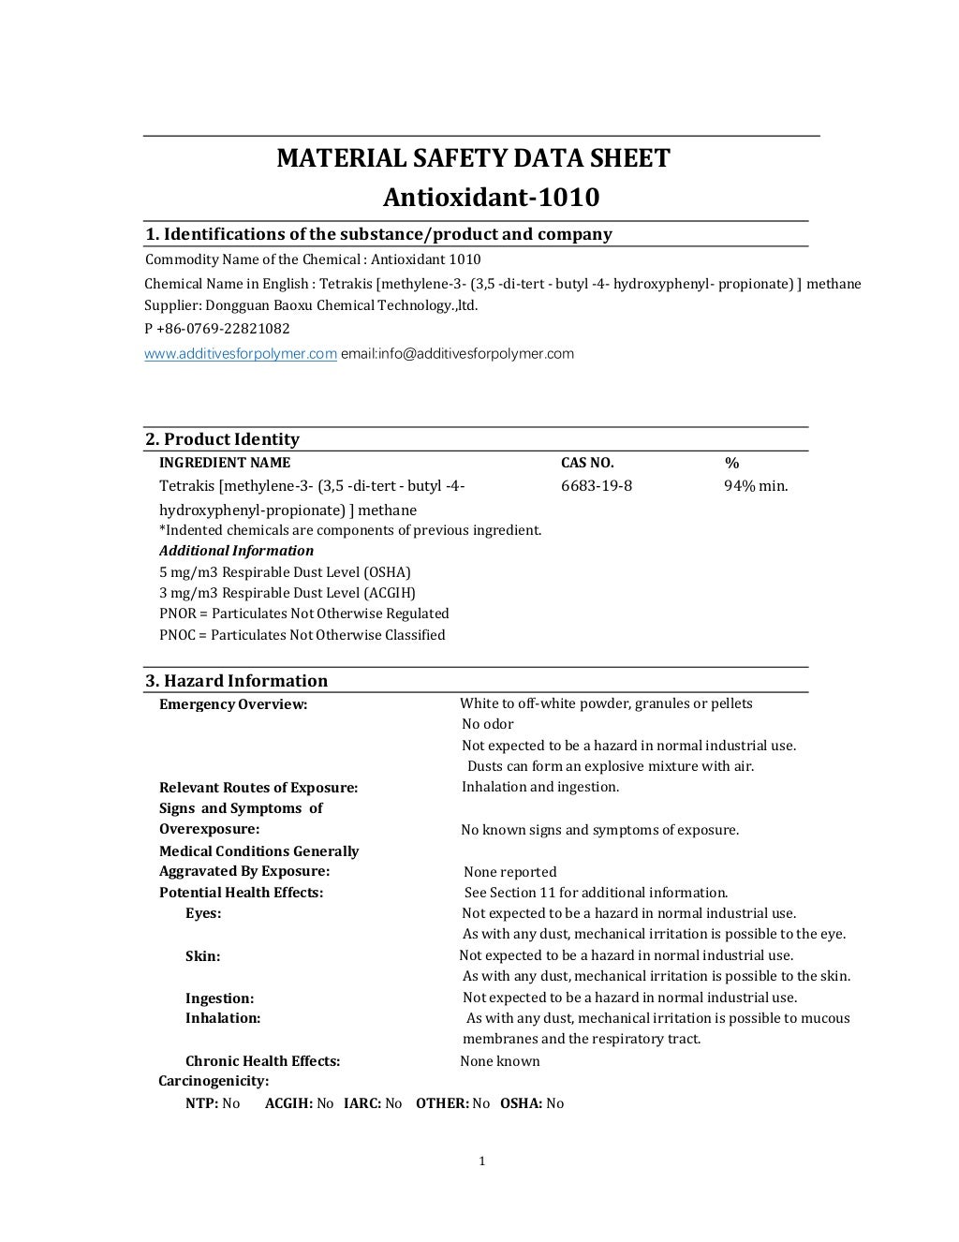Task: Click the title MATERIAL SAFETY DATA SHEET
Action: point(473,158)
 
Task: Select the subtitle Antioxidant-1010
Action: point(491,198)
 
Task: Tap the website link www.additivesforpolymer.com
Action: point(240,354)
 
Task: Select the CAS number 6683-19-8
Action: point(596,486)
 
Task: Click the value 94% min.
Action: point(755,486)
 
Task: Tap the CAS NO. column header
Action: point(587,463)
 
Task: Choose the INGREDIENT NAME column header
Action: point(225,463)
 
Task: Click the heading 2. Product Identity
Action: point(222,439)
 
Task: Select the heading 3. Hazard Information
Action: point(236,681)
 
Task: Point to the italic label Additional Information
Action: point(236,551)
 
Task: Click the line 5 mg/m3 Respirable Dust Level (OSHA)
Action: point(285,572)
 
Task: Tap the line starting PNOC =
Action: point(302,635)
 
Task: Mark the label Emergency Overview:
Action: point(233,704)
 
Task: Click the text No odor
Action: point(487,724)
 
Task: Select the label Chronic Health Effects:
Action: point(262,1061)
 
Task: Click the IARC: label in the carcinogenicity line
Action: point(361,1103)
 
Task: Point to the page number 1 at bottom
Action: point(481,1161)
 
